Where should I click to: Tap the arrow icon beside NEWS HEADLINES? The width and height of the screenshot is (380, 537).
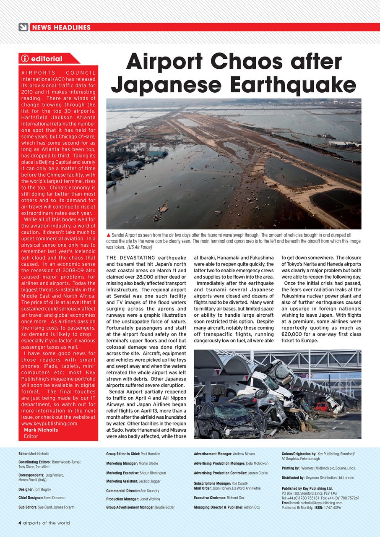(x=23, y=27)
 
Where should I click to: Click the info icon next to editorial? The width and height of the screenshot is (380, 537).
(x=25, y=59)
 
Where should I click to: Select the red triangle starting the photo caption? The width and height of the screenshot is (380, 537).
(x=109, y=235)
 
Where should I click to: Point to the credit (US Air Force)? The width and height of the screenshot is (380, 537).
(x=139, y=248)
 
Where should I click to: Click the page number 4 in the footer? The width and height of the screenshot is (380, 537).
(x=20, y=523)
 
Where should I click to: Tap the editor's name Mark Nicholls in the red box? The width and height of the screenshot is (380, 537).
(x=41, y=430)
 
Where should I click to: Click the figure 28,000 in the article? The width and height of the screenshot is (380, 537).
(x=145, y=277)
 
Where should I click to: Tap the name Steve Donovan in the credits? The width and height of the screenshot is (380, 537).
(x=54, y=498)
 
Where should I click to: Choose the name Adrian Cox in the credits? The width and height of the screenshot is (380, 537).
(x=252, y=507)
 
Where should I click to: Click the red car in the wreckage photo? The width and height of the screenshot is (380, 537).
(x=322, y=406)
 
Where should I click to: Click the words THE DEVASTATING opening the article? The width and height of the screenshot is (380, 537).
(x=130, y=258)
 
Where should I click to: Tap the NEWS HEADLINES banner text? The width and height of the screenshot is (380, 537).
(x=61, y=28)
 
